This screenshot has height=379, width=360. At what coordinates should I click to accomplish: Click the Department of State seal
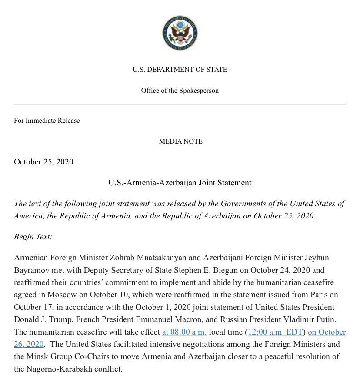pos(180,33)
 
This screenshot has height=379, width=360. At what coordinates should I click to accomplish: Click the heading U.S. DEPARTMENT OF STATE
pos(180,70)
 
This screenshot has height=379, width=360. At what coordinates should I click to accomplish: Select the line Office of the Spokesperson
pos(180,91)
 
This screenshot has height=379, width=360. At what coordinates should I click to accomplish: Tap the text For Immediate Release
pos(47,120)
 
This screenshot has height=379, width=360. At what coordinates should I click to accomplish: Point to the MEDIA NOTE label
pos(180,141)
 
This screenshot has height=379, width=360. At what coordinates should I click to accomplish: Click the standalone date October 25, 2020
pos(43,162)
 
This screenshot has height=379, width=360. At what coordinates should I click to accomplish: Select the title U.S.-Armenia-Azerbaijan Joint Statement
pos(180,183)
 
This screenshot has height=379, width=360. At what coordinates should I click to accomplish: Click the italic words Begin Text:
pos(33,237)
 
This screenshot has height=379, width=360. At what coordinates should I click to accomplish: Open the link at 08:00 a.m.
pos(184,332)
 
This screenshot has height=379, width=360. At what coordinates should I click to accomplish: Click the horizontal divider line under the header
pos(180,104)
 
